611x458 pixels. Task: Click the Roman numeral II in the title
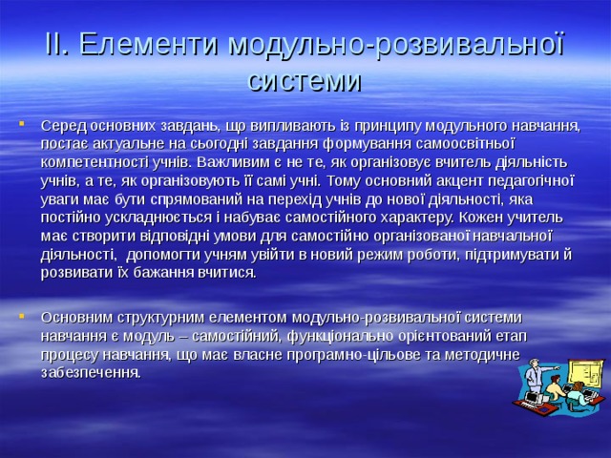[56, 44]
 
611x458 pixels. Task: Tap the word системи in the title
[305, 80]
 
